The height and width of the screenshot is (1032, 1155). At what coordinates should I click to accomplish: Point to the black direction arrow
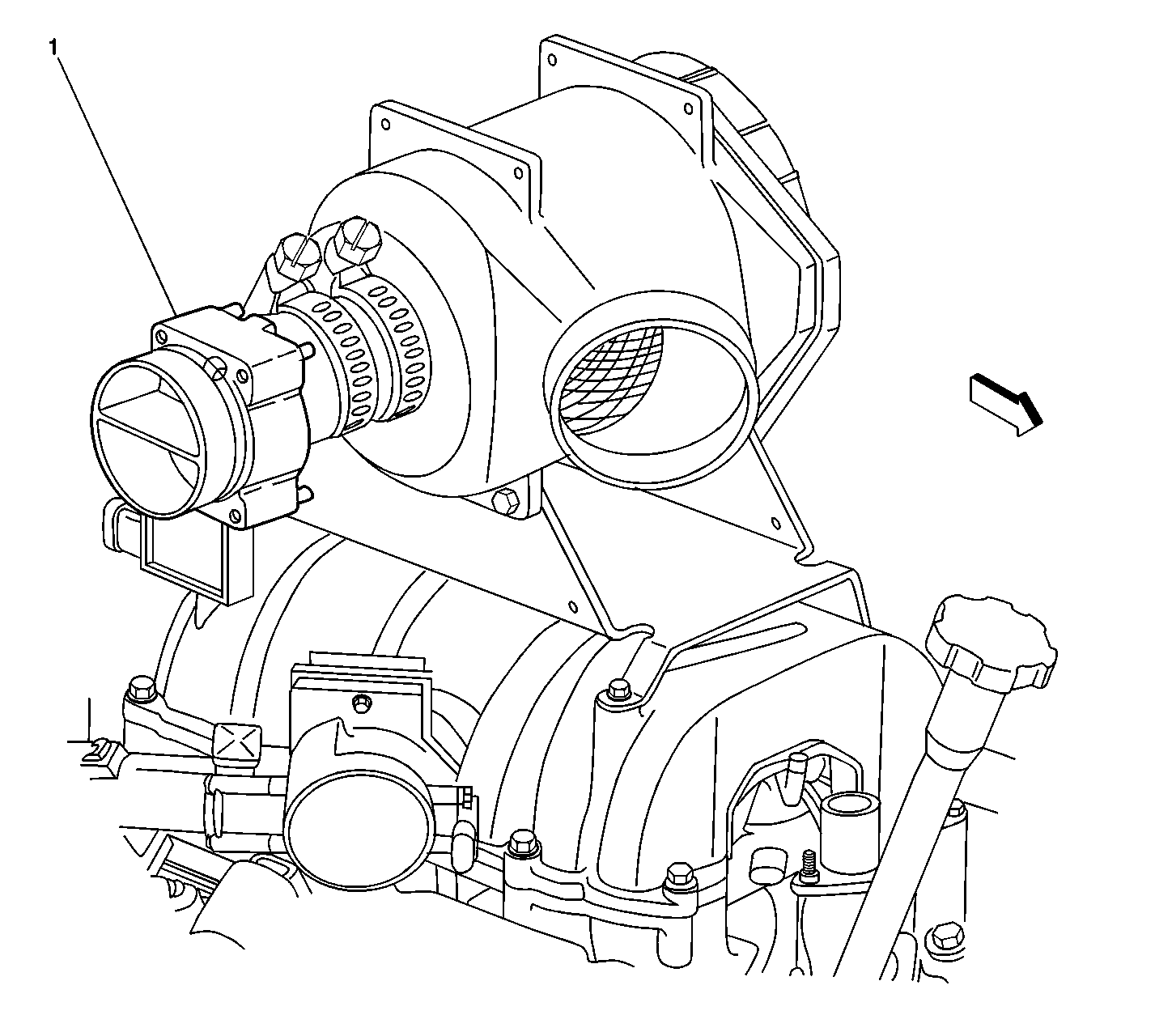(x=1005, y=403)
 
